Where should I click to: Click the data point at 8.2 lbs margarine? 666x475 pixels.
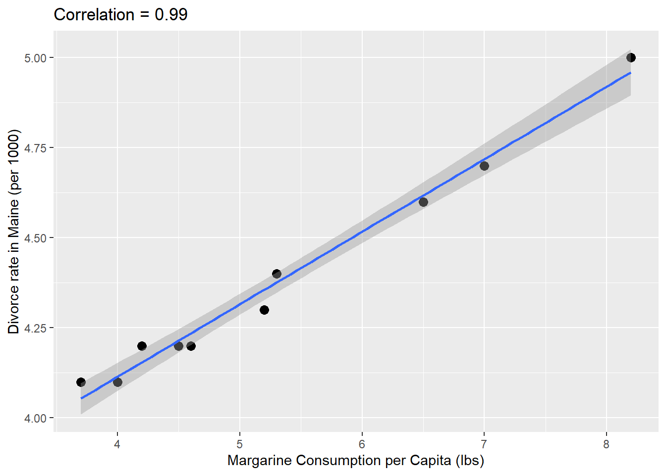pyautogui.click(x=631, y=58)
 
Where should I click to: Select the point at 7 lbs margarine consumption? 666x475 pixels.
pyautogui.click(x=484, y=166)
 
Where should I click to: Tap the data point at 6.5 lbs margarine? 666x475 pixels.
pyautogui.click(x=423, y=202)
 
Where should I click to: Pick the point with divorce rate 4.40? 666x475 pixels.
pyautogui.click(x=277, y=274)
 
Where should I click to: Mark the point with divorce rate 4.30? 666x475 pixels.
pyautogui.click(x=264, y=310)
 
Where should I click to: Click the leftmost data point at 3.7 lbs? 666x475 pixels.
pyautogui.click(x=81, y=382)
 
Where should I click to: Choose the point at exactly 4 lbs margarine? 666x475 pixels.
pyautogui.click(x=117, y=382)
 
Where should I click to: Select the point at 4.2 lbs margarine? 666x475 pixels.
pyautogui.click(x=142, y=346)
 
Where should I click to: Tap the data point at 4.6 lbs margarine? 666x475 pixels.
pyautogui.click(x=191, y=346)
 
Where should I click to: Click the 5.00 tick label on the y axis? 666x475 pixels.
pyautogui.click(x=35, y=58)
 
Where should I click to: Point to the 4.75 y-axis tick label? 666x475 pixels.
pyautogui.click(x=35, y=148)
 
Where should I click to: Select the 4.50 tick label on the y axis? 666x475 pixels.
pyautogui.click(x=35, y=238)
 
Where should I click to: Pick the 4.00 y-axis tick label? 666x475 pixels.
pyautogui.click(x=35, y=418)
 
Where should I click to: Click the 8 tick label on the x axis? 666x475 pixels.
pyautogui.click(x=607, y=444)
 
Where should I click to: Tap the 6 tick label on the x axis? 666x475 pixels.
pyautogui.click(x=362, y=444)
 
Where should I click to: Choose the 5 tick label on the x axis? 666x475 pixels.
pyautogui.click(x=240, y=444)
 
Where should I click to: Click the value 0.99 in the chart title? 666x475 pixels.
pyautogui.click(x=171, y=15)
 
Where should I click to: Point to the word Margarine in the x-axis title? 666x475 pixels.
pyautogui.click(x=260, y=461)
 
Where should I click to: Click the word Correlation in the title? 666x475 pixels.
pyautogui.click(x=94, y=15)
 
